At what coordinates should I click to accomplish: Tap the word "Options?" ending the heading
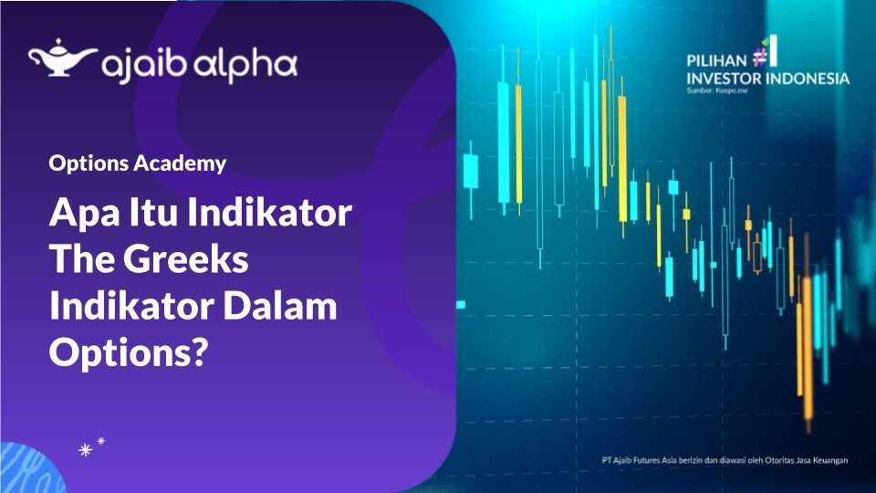click(124, 351)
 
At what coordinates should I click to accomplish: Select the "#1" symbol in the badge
click(766, 51)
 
